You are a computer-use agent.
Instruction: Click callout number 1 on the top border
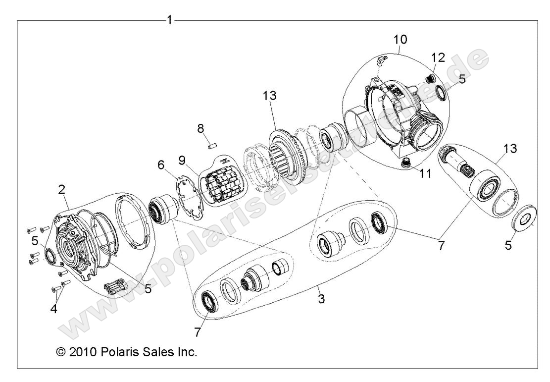pyautogui.click(x=170, y=20)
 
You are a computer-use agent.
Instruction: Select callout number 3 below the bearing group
pyautogui.click(x=321, y=299)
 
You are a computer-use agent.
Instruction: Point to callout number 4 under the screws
pyautogui.click(x=54, y=310)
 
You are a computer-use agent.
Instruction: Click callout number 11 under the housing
pyautogui.click(x=425, y=174)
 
